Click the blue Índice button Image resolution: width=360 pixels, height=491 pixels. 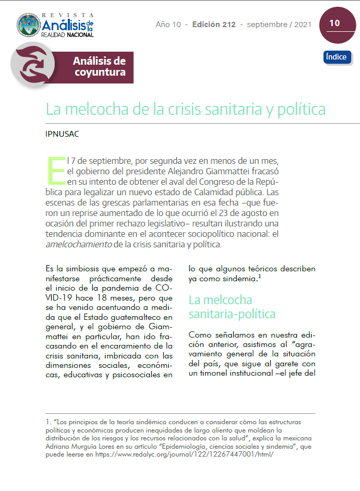(337, 57)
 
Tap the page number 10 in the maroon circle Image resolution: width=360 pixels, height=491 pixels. (334, 23)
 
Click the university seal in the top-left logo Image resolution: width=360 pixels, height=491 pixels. (28, 25)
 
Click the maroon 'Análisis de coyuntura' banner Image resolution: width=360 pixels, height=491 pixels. (100, 67)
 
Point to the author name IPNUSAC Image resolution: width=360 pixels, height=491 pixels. (62, 134)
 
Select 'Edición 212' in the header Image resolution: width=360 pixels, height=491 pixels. (214, 25)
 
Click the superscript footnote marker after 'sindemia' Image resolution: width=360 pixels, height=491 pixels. (259, 277)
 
